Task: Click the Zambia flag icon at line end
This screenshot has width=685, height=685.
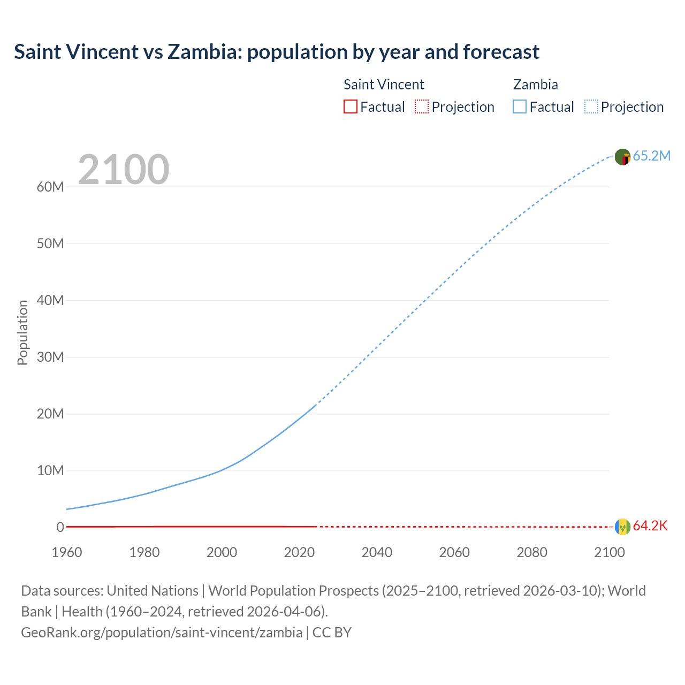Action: point(622,157)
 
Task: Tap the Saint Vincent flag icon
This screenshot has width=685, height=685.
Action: point(622,527)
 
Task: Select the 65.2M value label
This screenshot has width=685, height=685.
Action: point(651,156)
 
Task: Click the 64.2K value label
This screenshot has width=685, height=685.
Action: point(650,526)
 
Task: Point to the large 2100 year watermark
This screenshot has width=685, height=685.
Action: point(124,170)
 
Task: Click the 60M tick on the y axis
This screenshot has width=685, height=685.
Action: point(50,187)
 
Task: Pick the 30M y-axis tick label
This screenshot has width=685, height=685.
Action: point(50,357)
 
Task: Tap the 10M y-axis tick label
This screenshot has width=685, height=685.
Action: point(50,470)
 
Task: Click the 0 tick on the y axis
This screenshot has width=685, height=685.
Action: point(60,527)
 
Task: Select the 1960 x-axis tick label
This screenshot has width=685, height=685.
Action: point(67,552)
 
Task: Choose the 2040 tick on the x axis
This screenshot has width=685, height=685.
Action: point(377,552)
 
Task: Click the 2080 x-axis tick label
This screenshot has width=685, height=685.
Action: point(532,552)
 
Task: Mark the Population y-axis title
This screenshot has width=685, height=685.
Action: point(22,332)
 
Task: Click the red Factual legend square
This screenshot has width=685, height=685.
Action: point(350,106)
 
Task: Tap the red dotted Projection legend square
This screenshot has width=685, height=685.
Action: point(422,106)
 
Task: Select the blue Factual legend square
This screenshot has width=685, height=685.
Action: point(520,106)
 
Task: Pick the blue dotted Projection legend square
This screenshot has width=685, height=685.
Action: point(591,106)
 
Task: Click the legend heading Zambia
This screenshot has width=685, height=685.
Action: point(535,85)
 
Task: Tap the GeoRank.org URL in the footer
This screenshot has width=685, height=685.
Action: point(162,632)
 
